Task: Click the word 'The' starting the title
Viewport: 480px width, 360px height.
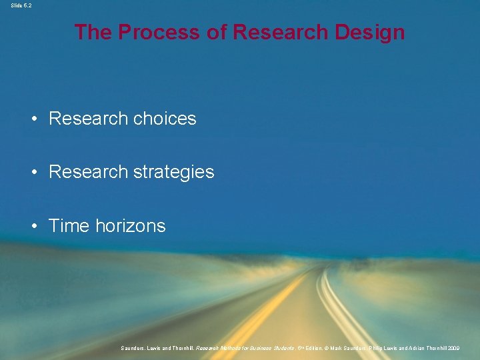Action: [x=93, y=32]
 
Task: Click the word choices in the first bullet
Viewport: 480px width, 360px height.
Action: [x=165, y=119]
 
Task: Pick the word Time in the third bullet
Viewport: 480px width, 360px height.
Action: [x=69, y=226]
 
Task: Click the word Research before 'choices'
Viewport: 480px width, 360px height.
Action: [x=88, y=119]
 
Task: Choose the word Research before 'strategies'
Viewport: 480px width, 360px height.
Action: [x=88, y=172]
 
